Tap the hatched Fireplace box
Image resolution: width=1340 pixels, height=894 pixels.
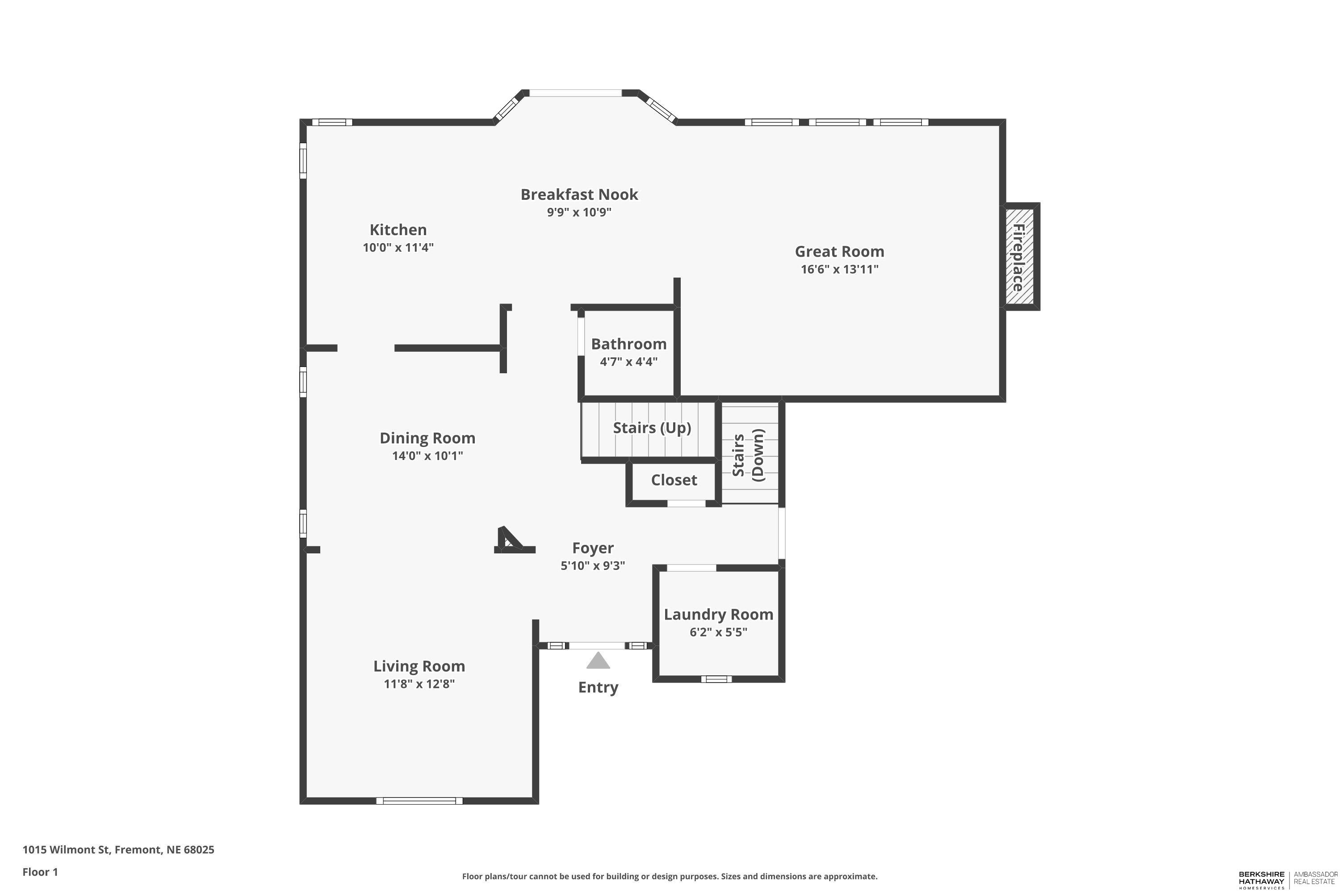click(1019, 257)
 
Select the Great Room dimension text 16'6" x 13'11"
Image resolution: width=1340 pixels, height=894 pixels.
click(839, 269)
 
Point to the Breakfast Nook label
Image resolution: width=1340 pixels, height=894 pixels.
click(579, 194)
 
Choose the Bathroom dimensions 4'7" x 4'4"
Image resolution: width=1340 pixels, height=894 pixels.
click(628, 362)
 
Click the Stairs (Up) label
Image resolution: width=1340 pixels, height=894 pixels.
click(652, 428)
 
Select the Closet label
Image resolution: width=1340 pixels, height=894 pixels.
click(674, 480)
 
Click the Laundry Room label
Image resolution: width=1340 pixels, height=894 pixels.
click(718, 615)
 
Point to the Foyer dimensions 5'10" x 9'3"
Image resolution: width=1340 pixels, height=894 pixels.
click(593, 565)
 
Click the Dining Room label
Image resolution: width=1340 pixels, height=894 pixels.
click(427, 438)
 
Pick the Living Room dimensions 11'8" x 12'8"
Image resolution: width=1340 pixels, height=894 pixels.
click(419, 683)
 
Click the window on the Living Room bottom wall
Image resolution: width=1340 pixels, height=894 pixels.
click(419, 801)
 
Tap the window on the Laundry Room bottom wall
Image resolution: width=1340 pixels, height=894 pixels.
click(716, 679)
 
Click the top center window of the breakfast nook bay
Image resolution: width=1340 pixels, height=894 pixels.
click(575, 93)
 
